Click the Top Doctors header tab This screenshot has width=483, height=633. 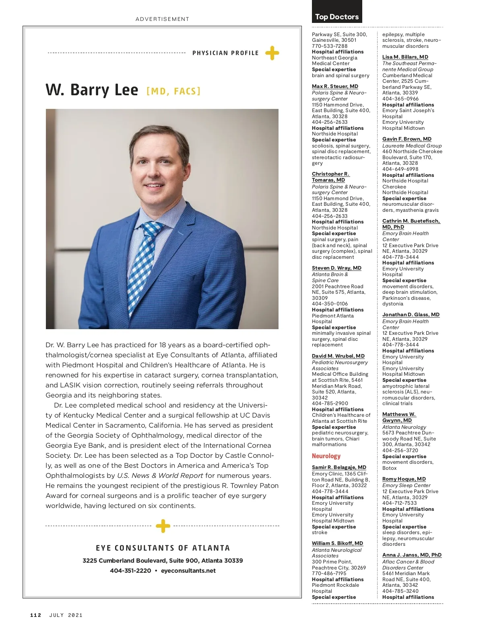[x=337, y=16]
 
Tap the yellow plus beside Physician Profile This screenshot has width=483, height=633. [x=272, y=53]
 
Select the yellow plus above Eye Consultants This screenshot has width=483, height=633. [x=163, y=526]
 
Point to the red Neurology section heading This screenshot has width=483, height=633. [x=326, y=456]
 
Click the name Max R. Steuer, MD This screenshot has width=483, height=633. [x=335, y=86]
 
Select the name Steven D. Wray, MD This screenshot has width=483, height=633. [x=336, y=268]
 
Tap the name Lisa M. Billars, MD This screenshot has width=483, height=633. [x=405, y=57]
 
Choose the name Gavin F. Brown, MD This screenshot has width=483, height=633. [x=407, y=139]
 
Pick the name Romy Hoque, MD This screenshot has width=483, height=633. [x=404, y=479]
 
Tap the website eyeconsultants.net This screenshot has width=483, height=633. [x=188, y=571]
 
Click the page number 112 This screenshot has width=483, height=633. [x=36, y=615]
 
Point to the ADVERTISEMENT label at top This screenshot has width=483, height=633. [x=162, y=19]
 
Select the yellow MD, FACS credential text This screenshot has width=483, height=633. [x=173, y=91]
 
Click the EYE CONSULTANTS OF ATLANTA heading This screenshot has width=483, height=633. [x=163, y=548]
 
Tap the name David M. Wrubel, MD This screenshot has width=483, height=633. [x=338, y=356]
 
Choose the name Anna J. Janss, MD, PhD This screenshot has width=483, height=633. [x=412, y=555]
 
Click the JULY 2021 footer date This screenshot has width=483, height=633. [x=66, y=615]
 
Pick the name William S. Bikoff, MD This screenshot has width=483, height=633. [x=337, y=543]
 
